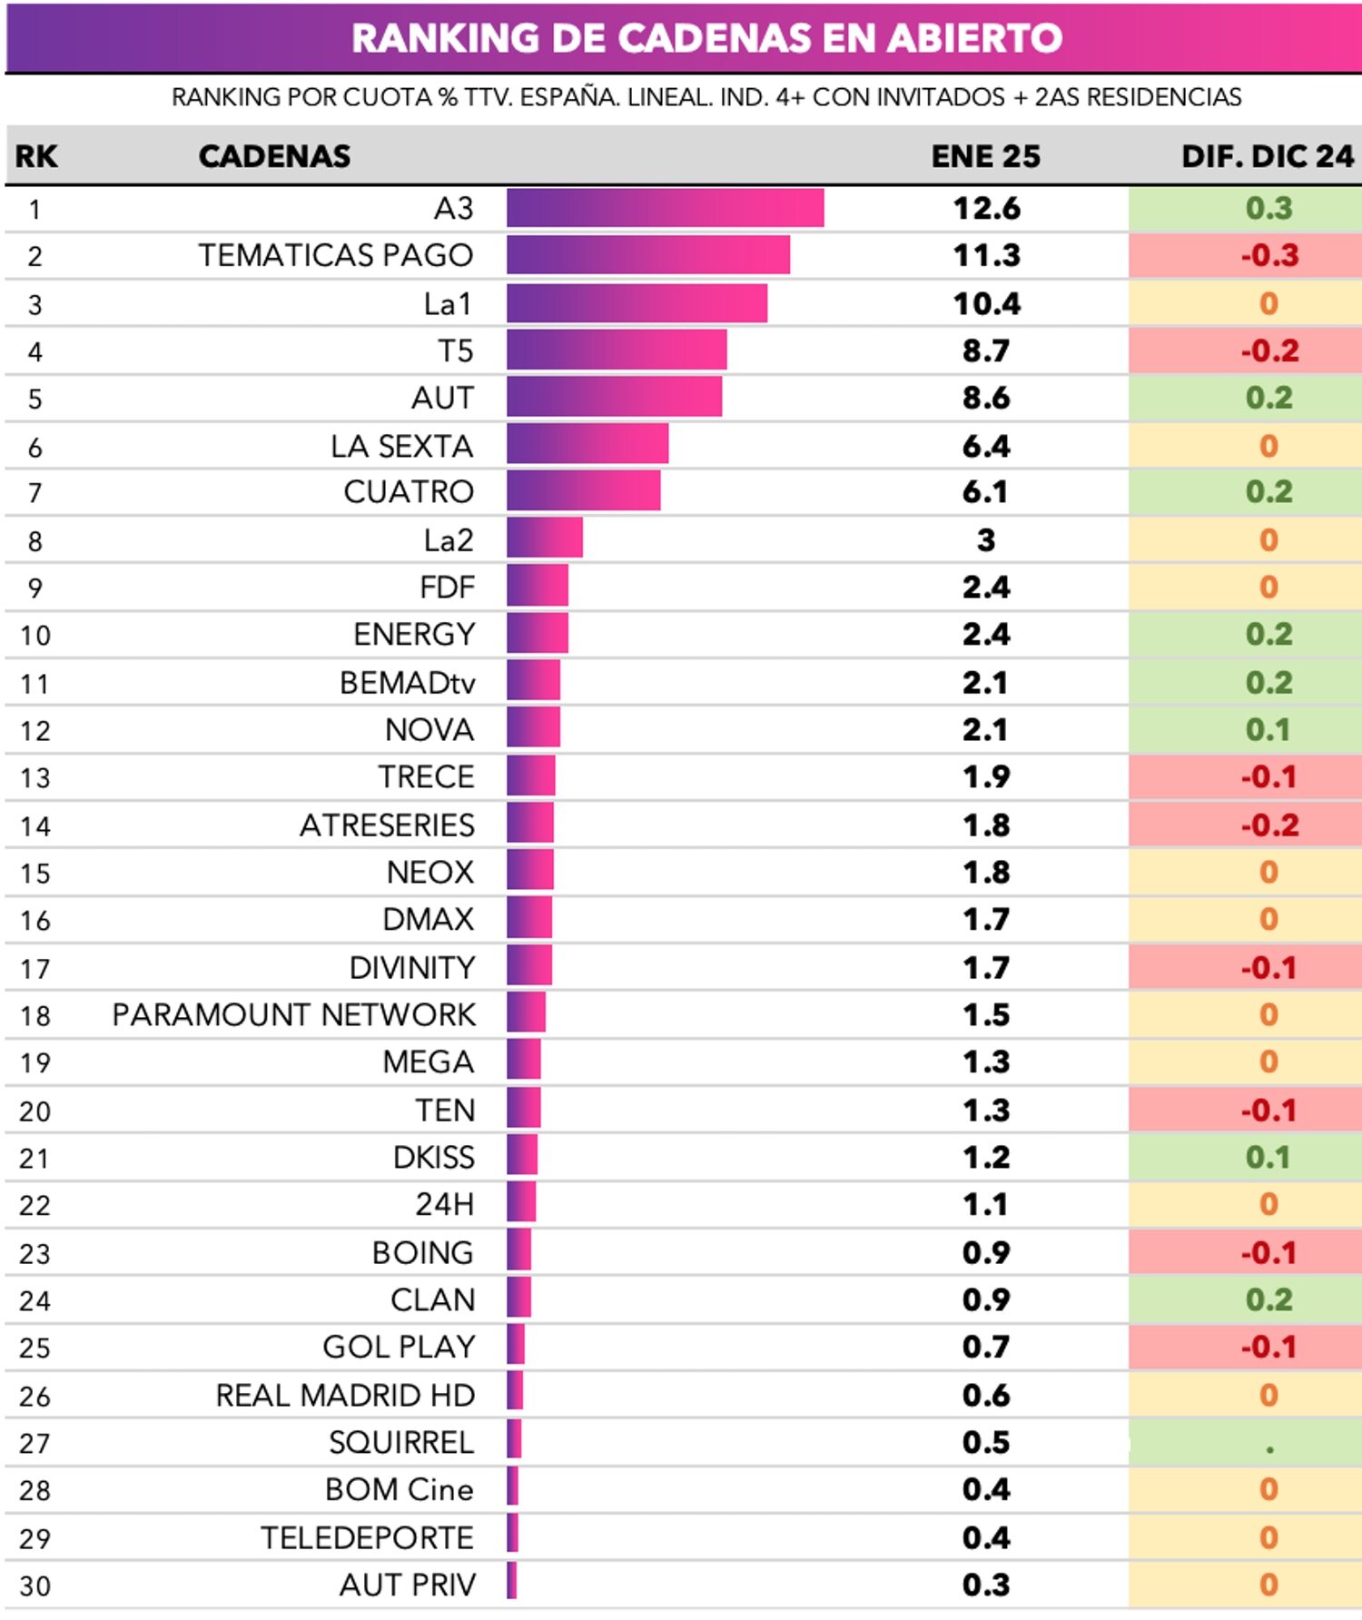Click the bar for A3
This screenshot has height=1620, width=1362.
(x=665, y=208)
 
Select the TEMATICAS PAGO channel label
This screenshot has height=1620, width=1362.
(x=336, y=256)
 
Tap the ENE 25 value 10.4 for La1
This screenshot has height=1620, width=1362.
(x=986, y=303)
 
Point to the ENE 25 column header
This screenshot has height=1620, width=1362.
(x=985, y=156)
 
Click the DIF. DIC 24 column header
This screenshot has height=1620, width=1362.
(x=1267, y=156)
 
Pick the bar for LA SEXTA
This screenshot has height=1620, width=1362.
(x=587, y=445)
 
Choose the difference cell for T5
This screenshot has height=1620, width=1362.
(x=1268, y=351)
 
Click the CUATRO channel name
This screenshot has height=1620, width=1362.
(x=409, y=492)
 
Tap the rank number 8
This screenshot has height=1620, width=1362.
(x=35, y=541)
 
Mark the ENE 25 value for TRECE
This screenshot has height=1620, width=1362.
(x=986, y=777)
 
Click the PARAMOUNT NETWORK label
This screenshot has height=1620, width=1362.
(x=293, y=1015)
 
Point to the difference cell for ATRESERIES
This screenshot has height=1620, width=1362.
(x=1268, y=825)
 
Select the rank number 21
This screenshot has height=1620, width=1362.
(x=35, y=1159)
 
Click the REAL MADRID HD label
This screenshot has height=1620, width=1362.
(x=345, y=1396)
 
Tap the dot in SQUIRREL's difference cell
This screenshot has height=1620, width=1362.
(x=1268, y=1449)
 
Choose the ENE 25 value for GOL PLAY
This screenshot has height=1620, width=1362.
(x=986, y=1348)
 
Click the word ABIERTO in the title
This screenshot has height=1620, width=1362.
(x=974, y=38)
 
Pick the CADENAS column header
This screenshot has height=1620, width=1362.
(x=274, y=156)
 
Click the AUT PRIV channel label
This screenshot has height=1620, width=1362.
(x=407, y=1585)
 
